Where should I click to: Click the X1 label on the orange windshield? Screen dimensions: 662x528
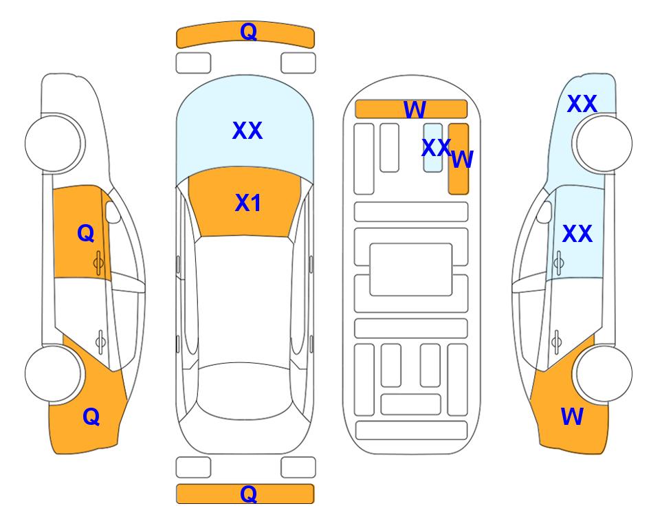click(x=248, y=203)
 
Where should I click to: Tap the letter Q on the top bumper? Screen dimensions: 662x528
click(x=248, y=32)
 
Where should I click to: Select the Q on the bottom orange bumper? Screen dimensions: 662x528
click(x=248, y=494)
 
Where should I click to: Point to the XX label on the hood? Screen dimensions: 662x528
click(x=247, y=130)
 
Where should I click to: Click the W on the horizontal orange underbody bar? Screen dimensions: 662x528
click(x=415, y=109)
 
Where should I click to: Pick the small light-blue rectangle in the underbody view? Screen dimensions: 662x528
click(x=433, y=147)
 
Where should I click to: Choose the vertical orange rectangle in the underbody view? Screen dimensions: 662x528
click(x=459, y=159)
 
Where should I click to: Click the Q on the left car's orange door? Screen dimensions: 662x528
click(x=86, y=233)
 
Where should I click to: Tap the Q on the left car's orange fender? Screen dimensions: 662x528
click(x=91, y=417)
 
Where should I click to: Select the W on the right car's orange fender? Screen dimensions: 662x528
click(x=572, y=417)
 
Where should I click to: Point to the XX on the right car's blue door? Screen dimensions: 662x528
click(x=577, y=234)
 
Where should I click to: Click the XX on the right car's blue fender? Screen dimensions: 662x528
click(x=582, y=104)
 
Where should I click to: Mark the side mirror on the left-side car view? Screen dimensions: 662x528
click(x=113, y=212)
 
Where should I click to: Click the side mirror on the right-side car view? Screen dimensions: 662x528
click(x=544, y=212)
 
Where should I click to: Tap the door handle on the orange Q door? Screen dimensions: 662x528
click(x=98, y=263)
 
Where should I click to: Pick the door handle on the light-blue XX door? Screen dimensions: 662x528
click(x=559, y=263)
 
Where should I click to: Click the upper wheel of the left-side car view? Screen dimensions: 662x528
click(x=54, y=144)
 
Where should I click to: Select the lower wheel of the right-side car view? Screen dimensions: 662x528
click(x=604, y=373)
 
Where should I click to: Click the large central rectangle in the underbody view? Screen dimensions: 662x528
click(x=411, y=269)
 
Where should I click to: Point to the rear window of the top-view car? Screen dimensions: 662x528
click(x=245, y=390)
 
